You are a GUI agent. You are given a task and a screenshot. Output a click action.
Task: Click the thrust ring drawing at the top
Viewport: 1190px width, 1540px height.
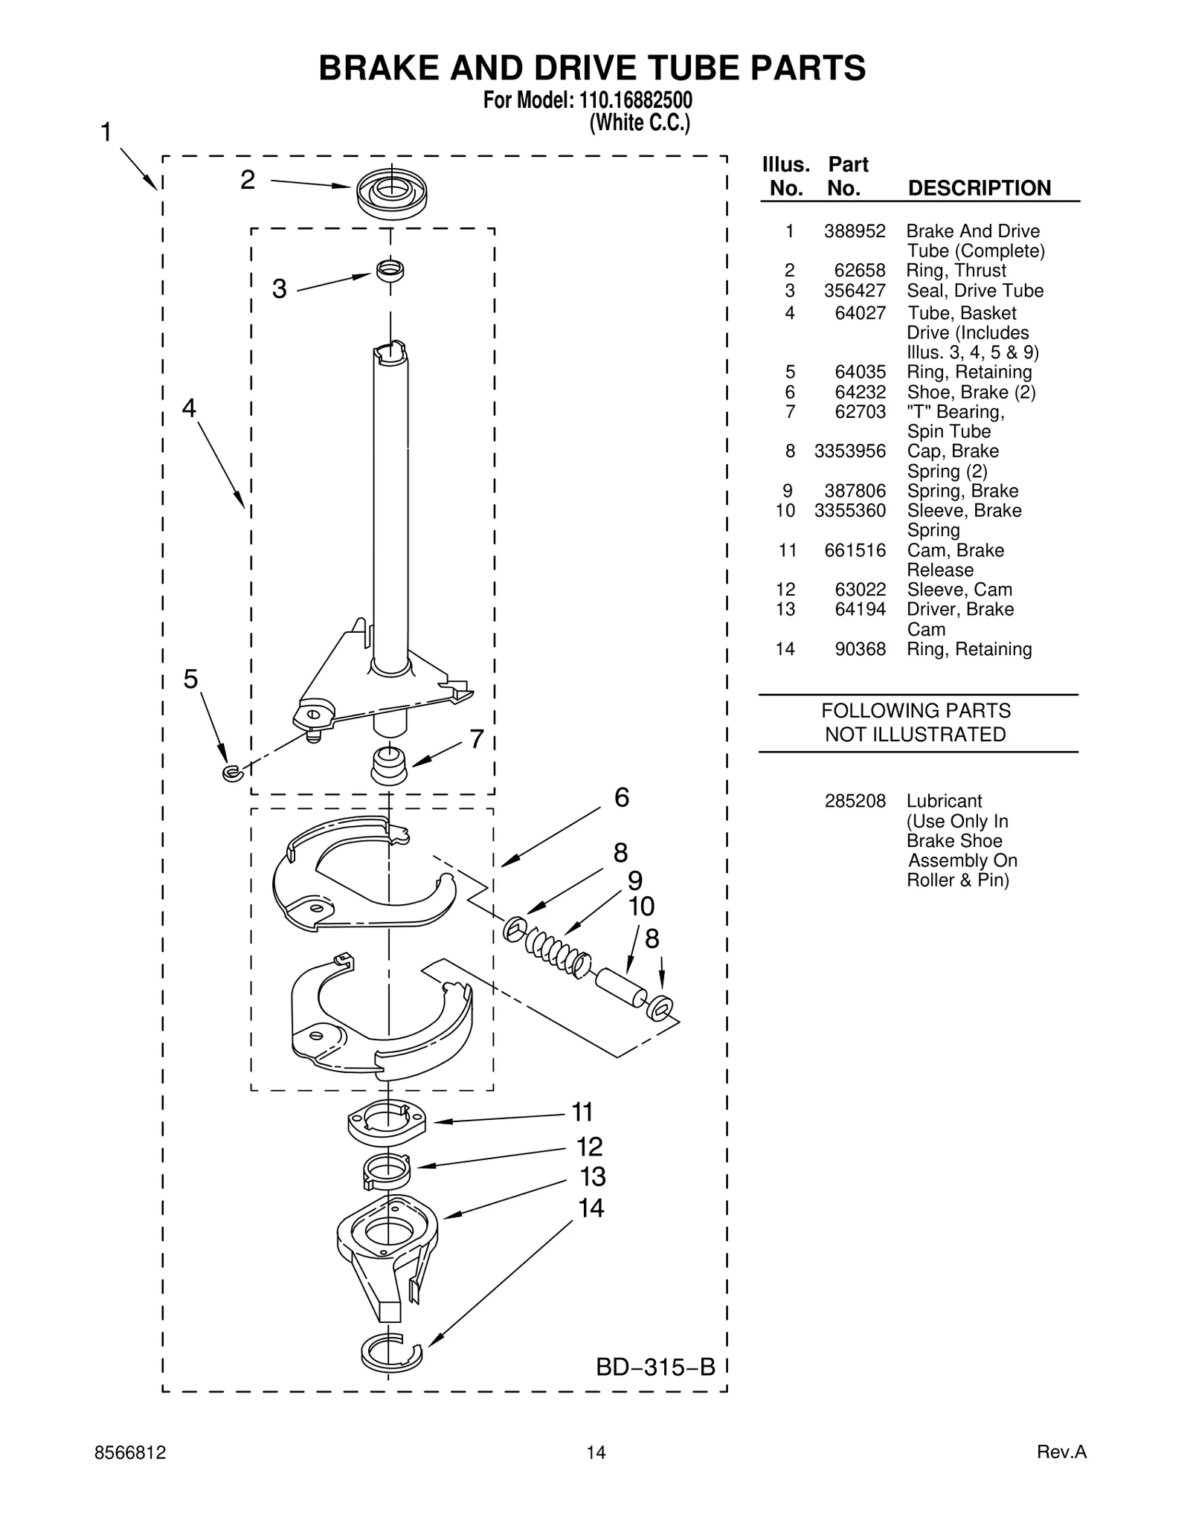pos(391,193)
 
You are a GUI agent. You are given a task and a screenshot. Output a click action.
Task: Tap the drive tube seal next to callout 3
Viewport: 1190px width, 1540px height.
pos(390,271)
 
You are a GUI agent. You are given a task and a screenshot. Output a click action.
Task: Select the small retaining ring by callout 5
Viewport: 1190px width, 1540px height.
pos(232,773)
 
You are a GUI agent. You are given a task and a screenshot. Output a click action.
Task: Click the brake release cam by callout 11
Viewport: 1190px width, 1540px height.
pos(387,1122)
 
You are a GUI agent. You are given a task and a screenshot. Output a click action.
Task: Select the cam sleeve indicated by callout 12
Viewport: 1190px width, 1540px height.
pos(386,1171)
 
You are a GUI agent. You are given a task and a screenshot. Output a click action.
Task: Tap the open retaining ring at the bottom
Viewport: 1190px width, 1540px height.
pos(390,1353)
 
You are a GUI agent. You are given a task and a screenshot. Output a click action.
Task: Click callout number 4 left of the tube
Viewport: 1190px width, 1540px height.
pos(189,408)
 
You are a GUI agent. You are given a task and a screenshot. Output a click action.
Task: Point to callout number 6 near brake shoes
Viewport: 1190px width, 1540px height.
pos(622,798)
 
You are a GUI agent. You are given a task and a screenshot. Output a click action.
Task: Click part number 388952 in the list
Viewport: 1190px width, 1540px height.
pos(855,231)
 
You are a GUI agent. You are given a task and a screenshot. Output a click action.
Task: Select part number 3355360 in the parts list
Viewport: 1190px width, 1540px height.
pos(849,511)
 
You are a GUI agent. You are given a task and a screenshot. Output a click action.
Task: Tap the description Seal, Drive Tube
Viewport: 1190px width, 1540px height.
pos(974,291)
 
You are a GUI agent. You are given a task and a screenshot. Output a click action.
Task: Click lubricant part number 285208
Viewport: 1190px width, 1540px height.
pos(855,802)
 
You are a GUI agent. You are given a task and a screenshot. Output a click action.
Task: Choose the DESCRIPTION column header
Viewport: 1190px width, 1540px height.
pos(979,188)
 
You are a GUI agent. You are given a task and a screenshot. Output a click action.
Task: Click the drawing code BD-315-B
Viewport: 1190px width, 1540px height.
pos(655,1367)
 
